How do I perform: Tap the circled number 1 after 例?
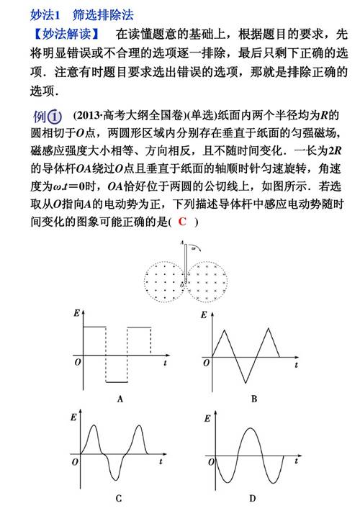tap(56, 117)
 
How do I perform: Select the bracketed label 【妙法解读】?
tap(60, 35)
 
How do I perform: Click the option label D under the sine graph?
tap(253, 497)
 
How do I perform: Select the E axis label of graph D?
tap(207, 418)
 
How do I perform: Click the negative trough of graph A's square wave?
tap(117, 382)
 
